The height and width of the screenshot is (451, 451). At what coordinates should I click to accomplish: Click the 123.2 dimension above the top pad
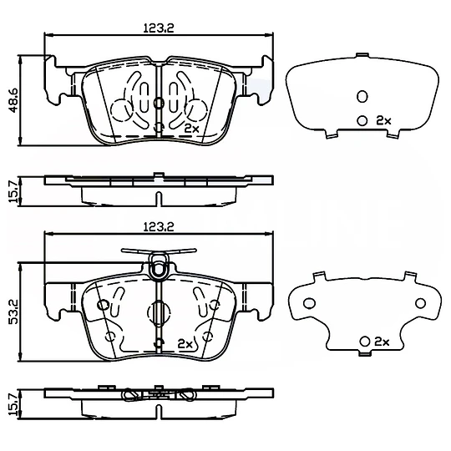point(159,28)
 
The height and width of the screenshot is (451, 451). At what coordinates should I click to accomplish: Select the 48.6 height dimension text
point(13,100)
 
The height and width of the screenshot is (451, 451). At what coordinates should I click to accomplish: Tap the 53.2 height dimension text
point(13,312)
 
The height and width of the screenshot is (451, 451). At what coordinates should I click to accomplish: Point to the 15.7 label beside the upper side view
point(13,191)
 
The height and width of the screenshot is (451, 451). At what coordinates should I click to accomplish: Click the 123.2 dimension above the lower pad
point(159,227)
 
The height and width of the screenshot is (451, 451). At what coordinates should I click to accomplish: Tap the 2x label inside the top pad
point(191,128)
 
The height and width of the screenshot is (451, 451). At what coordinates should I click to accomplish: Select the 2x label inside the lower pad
point(185,344)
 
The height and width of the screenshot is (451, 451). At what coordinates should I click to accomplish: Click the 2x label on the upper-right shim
point(383,120)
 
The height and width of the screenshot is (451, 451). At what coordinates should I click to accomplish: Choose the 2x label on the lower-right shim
point(382,342)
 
